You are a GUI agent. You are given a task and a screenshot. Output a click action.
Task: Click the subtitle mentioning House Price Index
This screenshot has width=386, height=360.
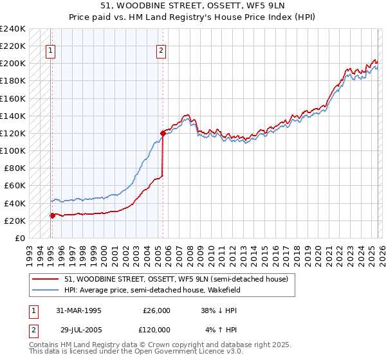coord(192,17)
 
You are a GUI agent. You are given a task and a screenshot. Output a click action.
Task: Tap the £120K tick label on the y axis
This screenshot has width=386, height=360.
coord(13,133)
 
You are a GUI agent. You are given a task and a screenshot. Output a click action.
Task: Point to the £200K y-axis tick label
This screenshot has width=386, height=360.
coord(13,63)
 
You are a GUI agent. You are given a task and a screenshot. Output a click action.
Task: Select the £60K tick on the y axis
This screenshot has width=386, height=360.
coord(15,185)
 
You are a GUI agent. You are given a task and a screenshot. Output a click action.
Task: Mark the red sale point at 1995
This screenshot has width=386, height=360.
coord(52,215)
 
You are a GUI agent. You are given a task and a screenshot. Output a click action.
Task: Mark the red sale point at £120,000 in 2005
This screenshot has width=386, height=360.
coord(163,134)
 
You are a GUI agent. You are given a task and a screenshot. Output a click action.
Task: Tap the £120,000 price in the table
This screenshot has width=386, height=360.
coord(157,329)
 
